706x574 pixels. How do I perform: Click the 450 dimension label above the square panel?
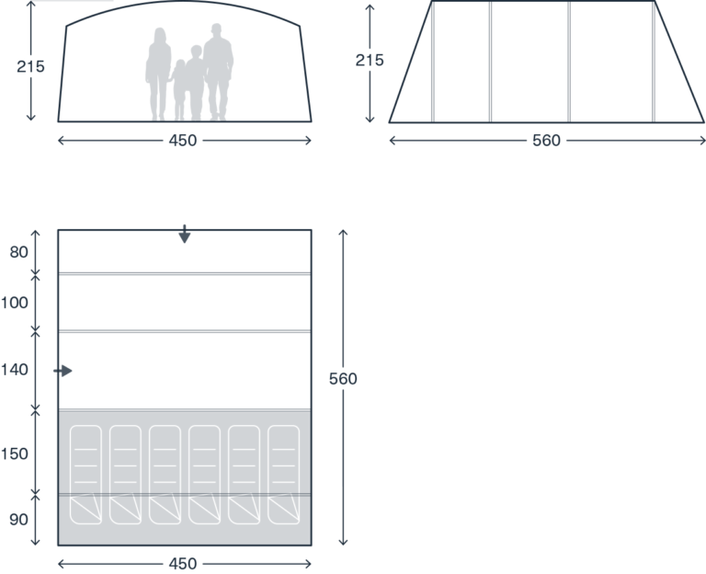[183, 141]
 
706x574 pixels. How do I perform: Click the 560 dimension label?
[546, 141]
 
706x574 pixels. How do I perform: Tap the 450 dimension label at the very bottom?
[183, 564]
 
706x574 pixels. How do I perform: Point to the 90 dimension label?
[18, 520]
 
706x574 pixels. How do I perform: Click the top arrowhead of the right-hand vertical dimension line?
[343, 233]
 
